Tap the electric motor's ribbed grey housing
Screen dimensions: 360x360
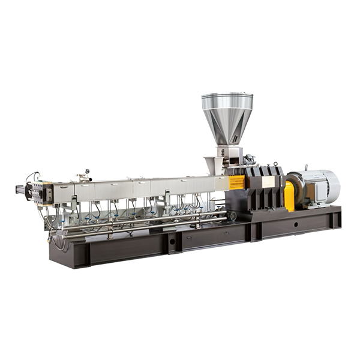314,185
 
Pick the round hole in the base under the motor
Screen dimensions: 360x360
295,224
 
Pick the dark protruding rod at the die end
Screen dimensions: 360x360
21,190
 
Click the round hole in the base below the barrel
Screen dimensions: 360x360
172,241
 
